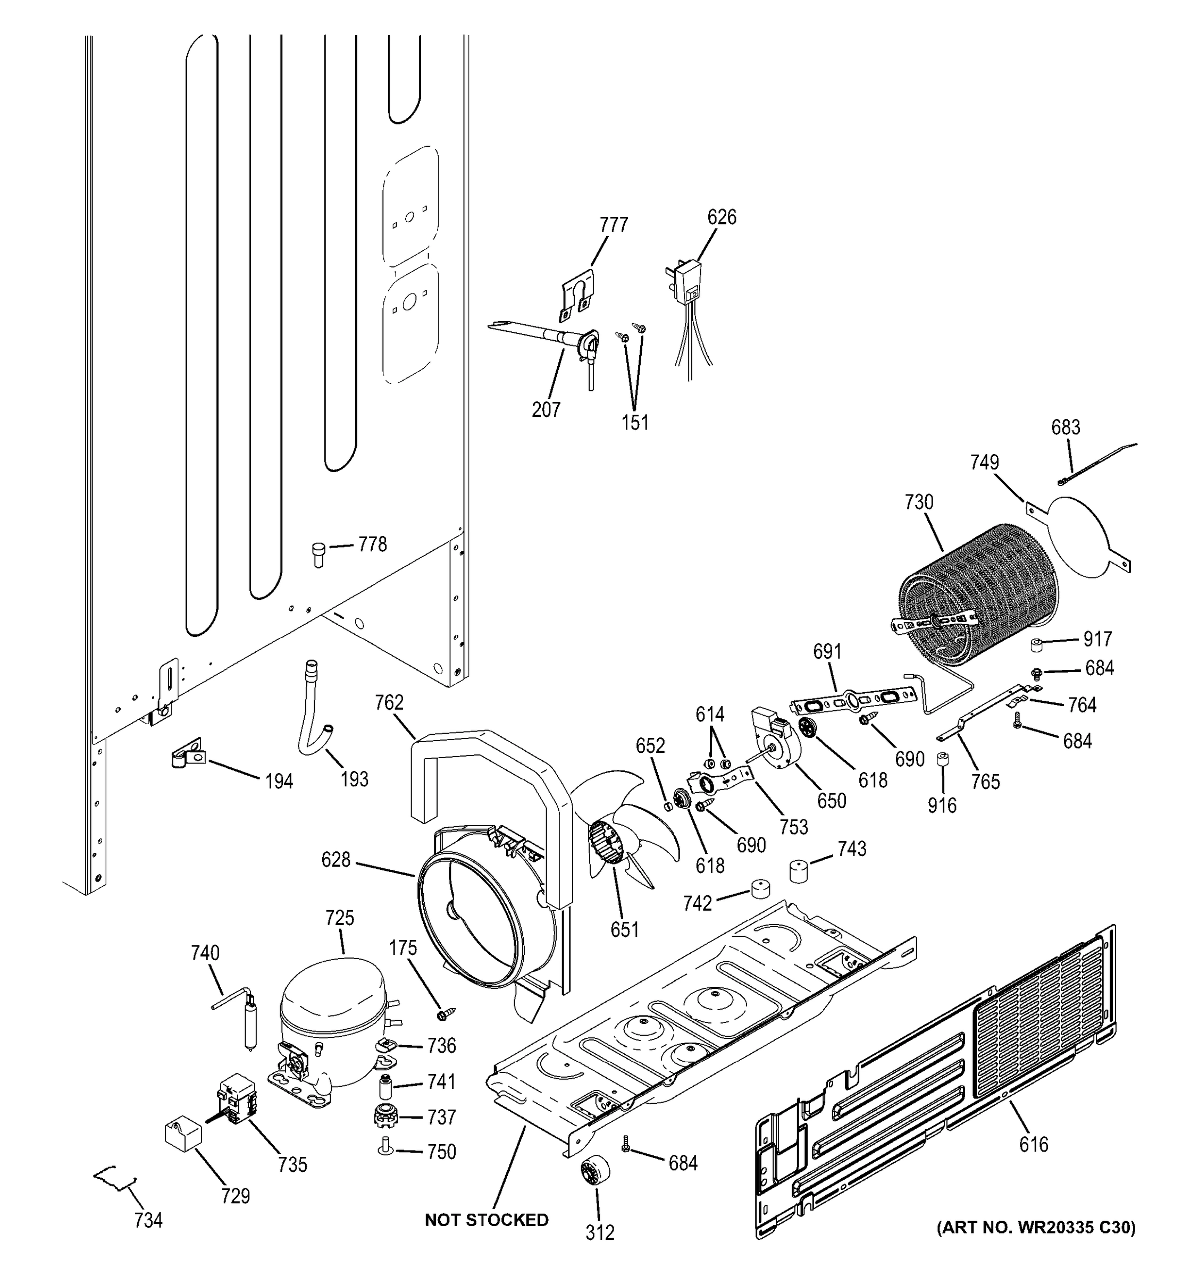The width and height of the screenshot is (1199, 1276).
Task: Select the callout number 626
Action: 722,217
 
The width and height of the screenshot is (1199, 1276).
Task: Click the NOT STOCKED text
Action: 487,1220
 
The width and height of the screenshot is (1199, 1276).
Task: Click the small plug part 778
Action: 318,553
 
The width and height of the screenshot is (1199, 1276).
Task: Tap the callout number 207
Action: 546,409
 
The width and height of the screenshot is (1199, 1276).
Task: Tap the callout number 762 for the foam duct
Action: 389,703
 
